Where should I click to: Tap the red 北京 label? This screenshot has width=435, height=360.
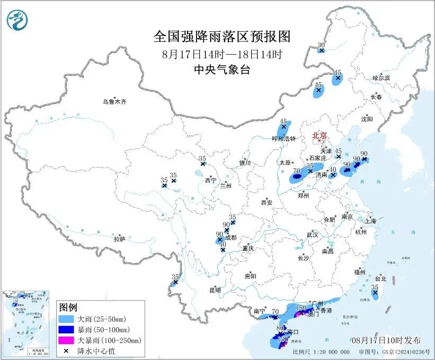319,135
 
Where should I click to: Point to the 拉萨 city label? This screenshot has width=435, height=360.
119,239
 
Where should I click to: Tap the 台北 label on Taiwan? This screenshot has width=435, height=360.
380,278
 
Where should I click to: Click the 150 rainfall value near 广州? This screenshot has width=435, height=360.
301,308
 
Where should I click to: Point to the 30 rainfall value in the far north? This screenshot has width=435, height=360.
321,45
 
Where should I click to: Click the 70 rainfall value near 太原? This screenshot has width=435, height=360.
297,171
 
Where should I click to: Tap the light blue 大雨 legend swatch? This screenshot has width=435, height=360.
66,320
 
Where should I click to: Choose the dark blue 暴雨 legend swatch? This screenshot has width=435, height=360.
66,330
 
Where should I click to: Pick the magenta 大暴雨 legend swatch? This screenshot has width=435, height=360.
66,340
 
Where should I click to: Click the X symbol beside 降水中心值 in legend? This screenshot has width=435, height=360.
66,350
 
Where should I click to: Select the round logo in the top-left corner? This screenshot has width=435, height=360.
17,20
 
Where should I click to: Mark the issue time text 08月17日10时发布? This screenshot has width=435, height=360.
386,340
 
